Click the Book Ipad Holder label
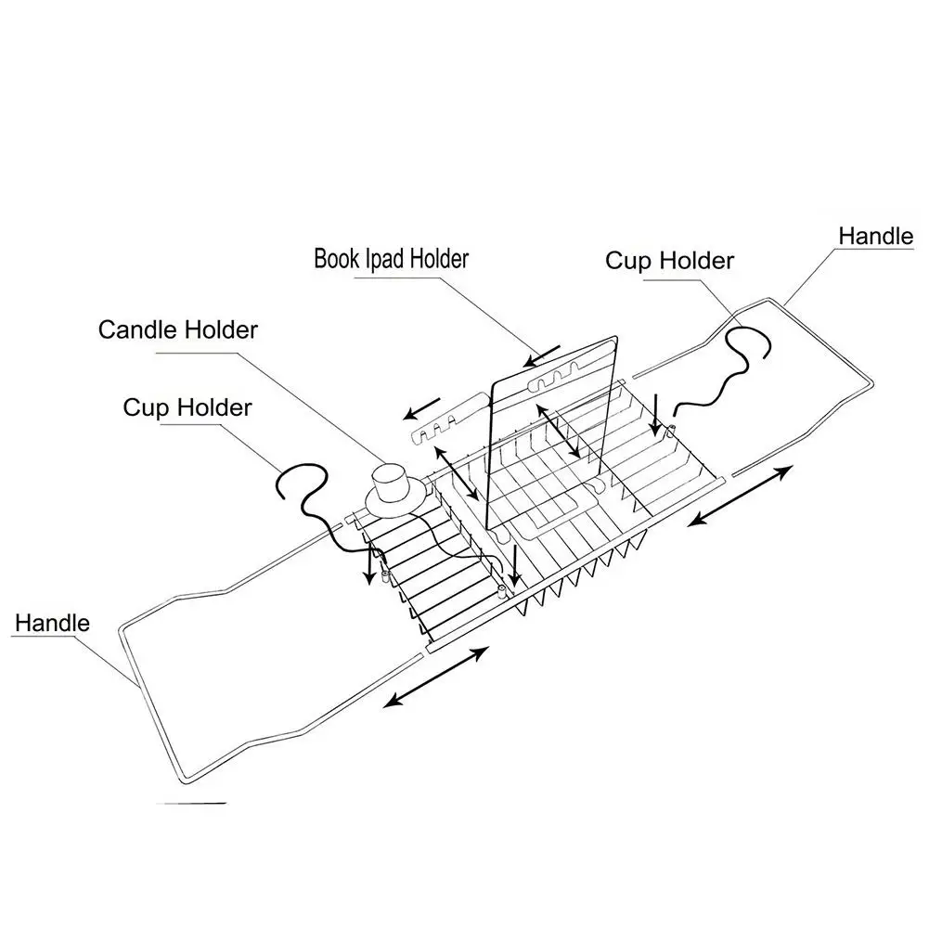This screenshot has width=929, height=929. tap(391, 258)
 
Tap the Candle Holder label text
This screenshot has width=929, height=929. tap(178, 329)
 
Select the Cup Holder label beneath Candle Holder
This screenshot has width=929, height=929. tap(187, 407)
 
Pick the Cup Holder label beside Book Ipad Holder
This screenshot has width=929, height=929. tap(669, 261)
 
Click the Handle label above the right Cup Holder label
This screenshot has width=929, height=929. tap(875, 236)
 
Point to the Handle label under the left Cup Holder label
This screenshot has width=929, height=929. tap(52, 623)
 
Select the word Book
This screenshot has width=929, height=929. tap(335, 258)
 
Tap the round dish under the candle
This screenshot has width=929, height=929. tap(397, 501)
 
